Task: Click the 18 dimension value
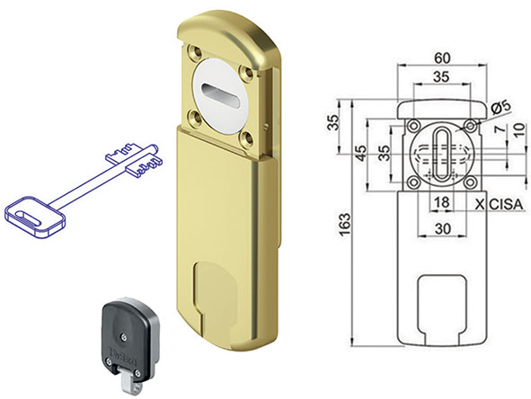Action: pyautogui.click(x=439, y=204)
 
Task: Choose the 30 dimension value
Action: pyautogui.click(x=439, y=229)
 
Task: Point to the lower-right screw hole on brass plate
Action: pyautogui.click(x=248, y=137)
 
